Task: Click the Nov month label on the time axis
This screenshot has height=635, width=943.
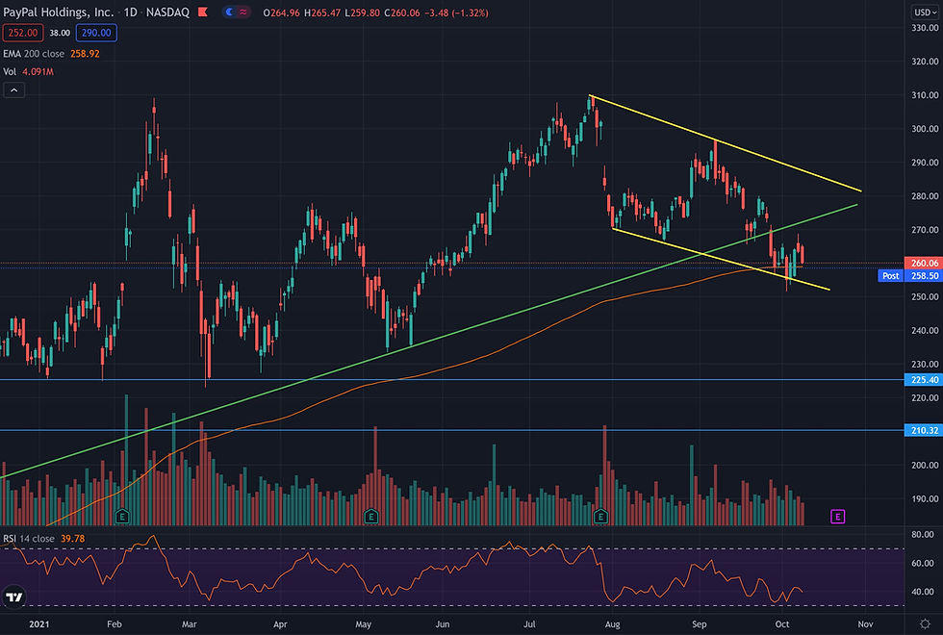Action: click(865, 624)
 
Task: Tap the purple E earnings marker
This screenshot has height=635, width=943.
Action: click(837, 517)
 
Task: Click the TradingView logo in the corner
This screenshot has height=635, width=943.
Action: click(13, 598)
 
